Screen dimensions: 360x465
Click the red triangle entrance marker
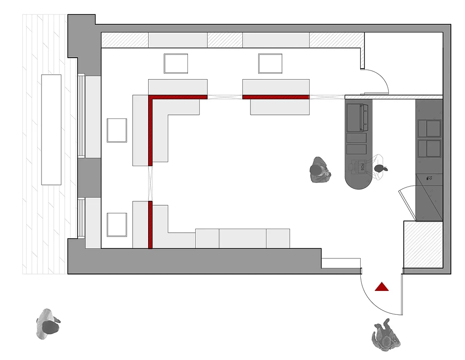click(381, 287)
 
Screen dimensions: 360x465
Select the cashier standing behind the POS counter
click(380, 169)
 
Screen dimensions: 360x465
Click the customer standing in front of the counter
click(319, 170)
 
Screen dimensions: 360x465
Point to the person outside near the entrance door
click(385, 336)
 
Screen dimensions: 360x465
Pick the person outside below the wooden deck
click(48, 324)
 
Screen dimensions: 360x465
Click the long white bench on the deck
click(51, 129)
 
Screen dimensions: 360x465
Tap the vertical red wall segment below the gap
click(150, 225)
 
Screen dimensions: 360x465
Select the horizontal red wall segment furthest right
click(275, 97)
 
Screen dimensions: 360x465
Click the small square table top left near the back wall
click(176, 64)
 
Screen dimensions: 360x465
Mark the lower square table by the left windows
click(117, 225)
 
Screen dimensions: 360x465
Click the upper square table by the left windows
click(117, 130)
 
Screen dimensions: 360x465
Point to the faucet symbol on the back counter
click(429, 179)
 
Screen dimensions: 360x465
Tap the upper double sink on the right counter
click(429, 129)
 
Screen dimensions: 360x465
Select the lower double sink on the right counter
click(429, 149)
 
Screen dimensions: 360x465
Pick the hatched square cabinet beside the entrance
click(423, 244)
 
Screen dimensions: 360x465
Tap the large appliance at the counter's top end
click(357, 117)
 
